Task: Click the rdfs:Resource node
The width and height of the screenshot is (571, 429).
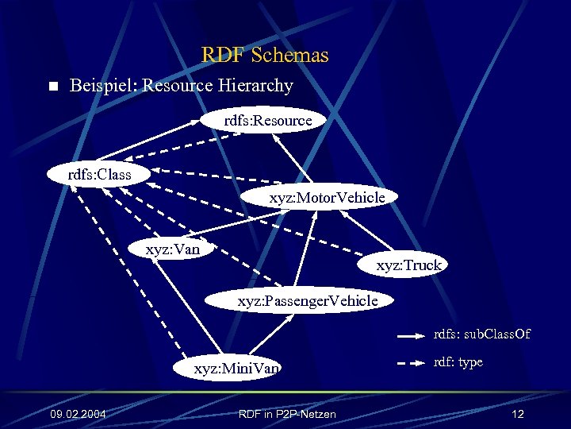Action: click(268, 121)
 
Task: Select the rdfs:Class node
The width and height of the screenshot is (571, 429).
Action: click(99, 173)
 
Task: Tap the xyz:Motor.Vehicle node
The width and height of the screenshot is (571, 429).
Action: click(327, 197)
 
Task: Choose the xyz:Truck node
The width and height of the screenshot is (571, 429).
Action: click(408, 265)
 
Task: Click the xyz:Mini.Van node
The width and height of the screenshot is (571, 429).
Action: click(237, 369)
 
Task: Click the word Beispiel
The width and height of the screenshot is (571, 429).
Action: click(103, 86)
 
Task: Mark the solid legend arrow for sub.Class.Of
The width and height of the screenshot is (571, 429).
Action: click(411, 337)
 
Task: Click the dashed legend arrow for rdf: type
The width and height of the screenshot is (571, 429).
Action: click(411, 364)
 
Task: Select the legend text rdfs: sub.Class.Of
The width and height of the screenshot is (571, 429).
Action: click(481, 334)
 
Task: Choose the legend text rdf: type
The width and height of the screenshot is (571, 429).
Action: click(458, 362)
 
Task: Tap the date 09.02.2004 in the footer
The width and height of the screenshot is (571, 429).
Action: click(79, 414)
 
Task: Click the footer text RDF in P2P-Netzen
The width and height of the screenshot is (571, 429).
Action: click(287, 414)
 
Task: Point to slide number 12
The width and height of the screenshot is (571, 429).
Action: click(518, 414)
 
